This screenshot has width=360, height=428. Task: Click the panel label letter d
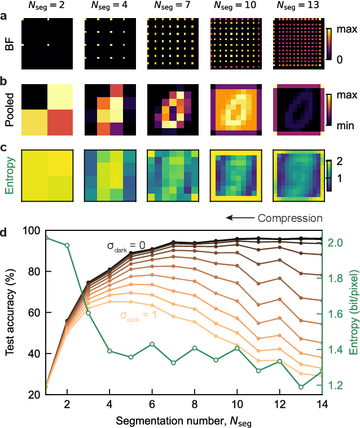point(5,232)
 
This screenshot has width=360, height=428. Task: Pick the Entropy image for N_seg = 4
point(109,175)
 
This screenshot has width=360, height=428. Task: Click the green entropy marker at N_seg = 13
point(301,387)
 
